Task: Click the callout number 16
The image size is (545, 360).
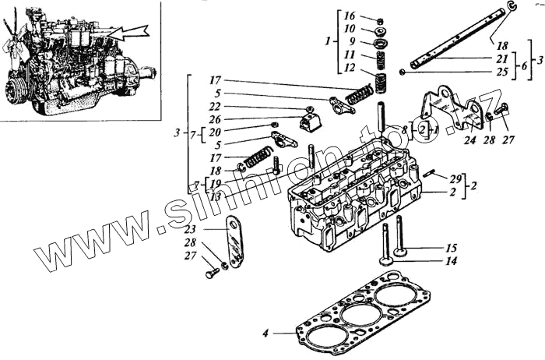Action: pyautogui.click(x=349, y=16)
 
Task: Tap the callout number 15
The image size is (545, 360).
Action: pyautogui.click(x=451, y=248)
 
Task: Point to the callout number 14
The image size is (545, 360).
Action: pyautogui.click(x=451, y=262)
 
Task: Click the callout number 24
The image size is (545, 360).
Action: pyautogui.click(x=469, y=142)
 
